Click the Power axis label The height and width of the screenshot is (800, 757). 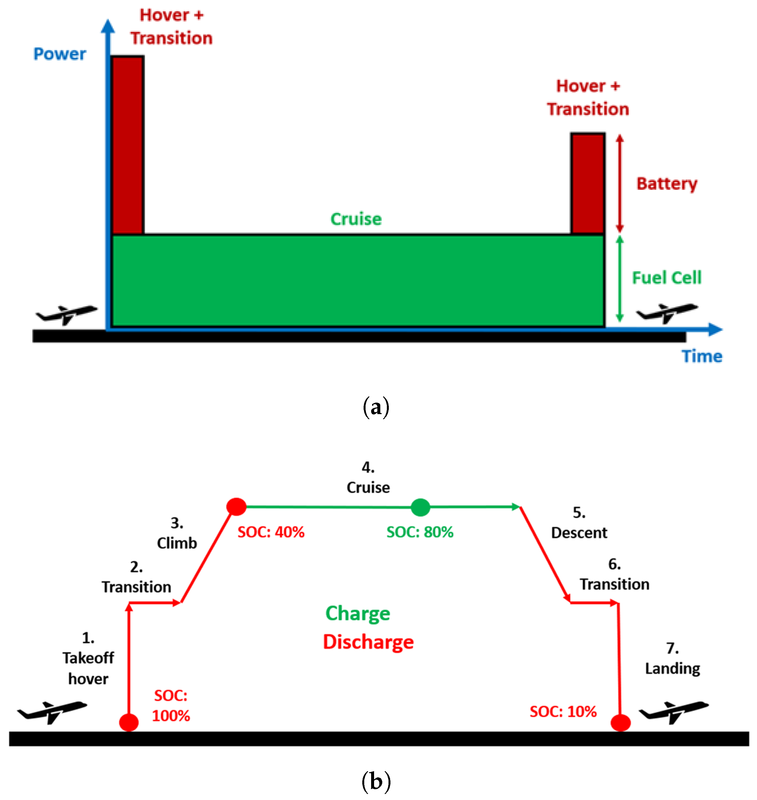tap(59, 54)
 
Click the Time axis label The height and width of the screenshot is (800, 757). tap(701, 356)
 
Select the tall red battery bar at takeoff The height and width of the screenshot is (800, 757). tap(128, 145)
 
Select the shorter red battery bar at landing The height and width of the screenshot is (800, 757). tap(588, 184)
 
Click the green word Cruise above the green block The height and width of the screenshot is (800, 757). tap(355, 219)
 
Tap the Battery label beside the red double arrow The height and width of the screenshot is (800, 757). tap(666, 184)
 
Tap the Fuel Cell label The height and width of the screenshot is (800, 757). tap(666, 278)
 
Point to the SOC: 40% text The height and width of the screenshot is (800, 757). tap(271, 532)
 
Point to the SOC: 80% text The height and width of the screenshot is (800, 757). tap(420, 532)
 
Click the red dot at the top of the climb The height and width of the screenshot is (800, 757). tap(236, 507)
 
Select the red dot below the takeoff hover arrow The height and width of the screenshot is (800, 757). tap(129, 722)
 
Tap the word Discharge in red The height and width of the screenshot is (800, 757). tap(368, 642)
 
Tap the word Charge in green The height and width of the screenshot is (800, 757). tap(357, 613)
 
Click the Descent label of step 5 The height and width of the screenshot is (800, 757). tap(579, 533)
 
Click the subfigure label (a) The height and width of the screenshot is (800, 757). tap(376, 407)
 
